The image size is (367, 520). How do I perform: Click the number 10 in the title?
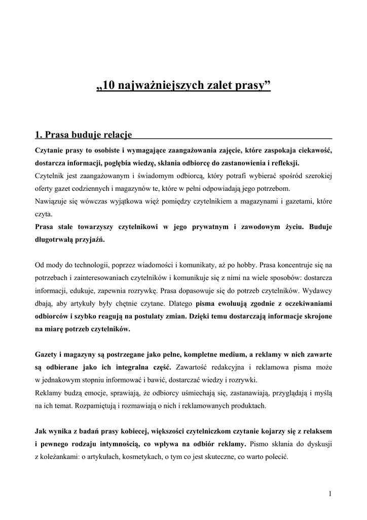point(109,85)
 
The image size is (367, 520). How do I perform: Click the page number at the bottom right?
point(330,494)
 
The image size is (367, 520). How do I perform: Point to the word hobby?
point(245,265)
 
